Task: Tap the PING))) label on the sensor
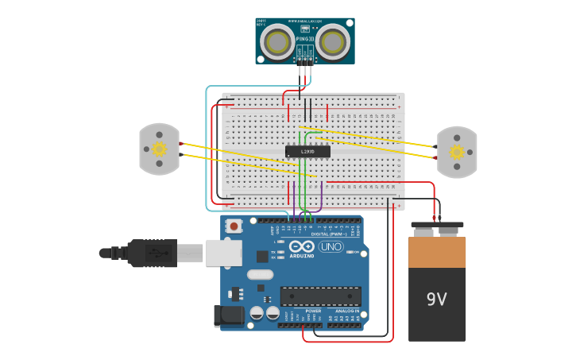305,39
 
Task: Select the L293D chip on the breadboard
307,151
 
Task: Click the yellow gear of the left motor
159,149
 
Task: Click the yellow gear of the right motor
457,152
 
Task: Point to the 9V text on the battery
437,300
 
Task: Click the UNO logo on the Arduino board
331,247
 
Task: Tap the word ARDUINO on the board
302,256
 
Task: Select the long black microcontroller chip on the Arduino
320,296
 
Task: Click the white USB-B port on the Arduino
223,253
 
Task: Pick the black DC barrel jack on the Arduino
229,315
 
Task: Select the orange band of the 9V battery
437,252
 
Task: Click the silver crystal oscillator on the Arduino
260,275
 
